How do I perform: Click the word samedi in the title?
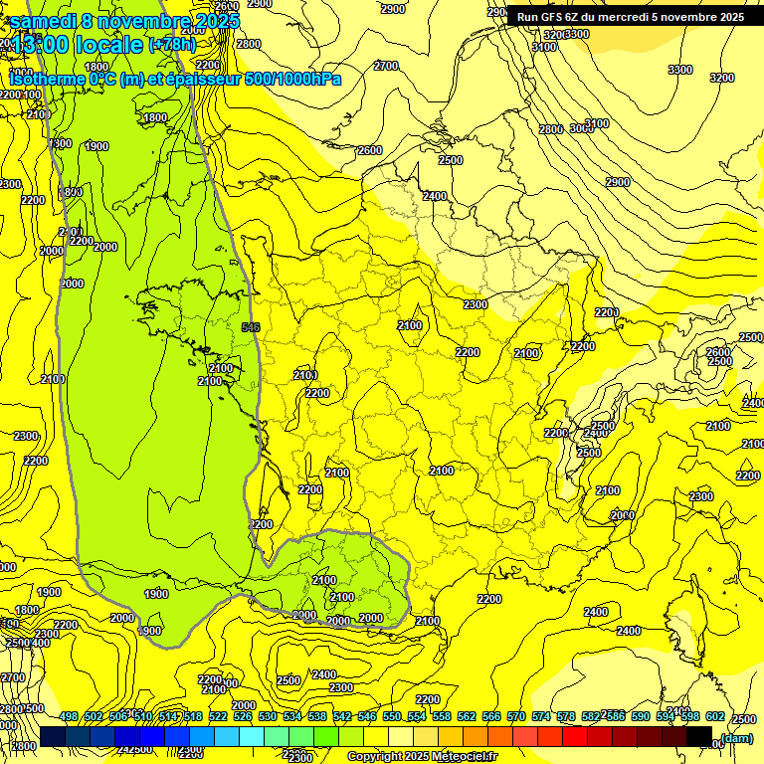[x=43, y=20]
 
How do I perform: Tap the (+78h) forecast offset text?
[x=173, y=45]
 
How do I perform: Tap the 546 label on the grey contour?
[x=251, y=326]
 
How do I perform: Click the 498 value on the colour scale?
[x=69, y=717]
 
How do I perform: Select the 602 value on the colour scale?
[x=715, y=717]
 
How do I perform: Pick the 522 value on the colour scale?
[x=218, y=717]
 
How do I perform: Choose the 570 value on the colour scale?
[x=516, y=717]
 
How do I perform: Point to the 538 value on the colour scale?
[x=317, y=717]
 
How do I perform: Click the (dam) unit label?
[x=737, y=737]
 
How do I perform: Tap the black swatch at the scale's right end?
[x=699, y=736]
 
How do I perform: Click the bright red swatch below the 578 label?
[x=575, y=736]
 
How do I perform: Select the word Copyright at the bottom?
[x=375, y=757]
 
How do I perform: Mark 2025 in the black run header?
[x=730, y=17]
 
